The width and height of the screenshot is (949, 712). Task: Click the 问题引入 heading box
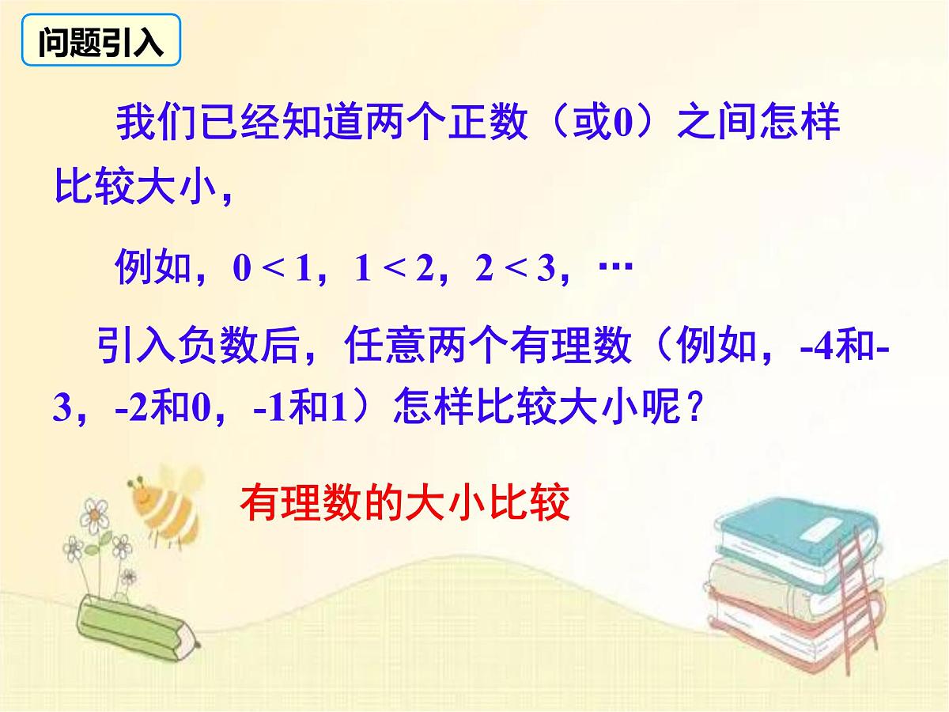100,44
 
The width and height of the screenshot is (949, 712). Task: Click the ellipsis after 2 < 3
615,268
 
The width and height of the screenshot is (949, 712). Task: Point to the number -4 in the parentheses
814,347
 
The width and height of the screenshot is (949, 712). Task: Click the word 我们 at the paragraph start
150,125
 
